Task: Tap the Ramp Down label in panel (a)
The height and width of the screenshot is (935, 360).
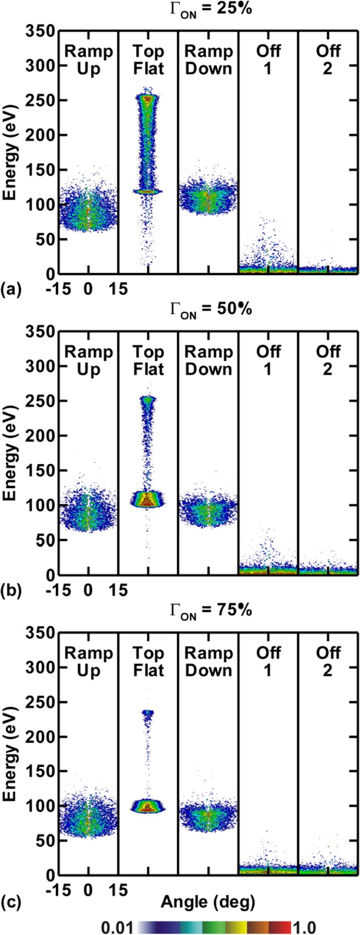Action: (x=208, y=60)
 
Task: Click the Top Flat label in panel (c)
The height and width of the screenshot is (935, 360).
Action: (x=148, y=662)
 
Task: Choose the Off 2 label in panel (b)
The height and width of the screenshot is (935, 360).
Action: (x=328, y=361)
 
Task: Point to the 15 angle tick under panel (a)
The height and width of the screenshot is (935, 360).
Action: (x=118, y=289)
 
